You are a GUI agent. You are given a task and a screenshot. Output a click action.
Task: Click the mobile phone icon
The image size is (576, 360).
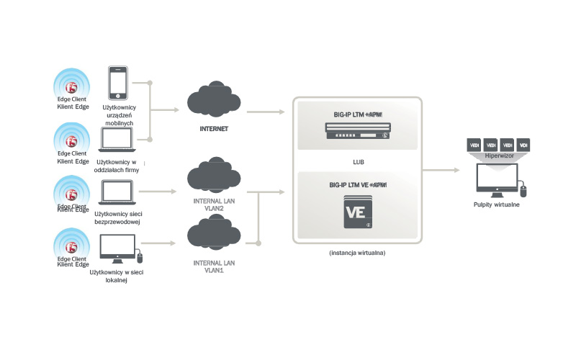coord(117,83)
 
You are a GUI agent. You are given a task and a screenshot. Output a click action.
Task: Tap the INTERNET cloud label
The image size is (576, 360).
coord(214,129)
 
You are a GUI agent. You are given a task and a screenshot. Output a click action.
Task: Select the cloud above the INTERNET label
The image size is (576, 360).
coord(213,104)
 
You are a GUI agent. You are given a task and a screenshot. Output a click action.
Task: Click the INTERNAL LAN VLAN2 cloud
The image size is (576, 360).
coord(213,179)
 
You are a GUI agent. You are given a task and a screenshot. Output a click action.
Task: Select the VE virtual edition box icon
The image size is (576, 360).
coord(358,212)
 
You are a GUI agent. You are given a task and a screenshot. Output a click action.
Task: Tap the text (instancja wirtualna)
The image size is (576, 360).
coord(358,253)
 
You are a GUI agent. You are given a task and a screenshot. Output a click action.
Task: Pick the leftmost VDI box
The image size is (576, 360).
coord(474,144)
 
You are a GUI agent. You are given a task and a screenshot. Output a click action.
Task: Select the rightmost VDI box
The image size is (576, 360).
coord(523,144)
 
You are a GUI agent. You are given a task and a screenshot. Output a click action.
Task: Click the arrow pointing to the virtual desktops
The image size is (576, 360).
coord(442,170)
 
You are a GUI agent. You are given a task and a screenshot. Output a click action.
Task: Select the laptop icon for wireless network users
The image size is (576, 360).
coord(117,192)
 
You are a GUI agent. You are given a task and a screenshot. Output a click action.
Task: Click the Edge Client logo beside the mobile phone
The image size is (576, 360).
coord(71,88)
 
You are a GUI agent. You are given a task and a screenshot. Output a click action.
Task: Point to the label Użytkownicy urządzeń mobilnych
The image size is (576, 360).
coord(120,115)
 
